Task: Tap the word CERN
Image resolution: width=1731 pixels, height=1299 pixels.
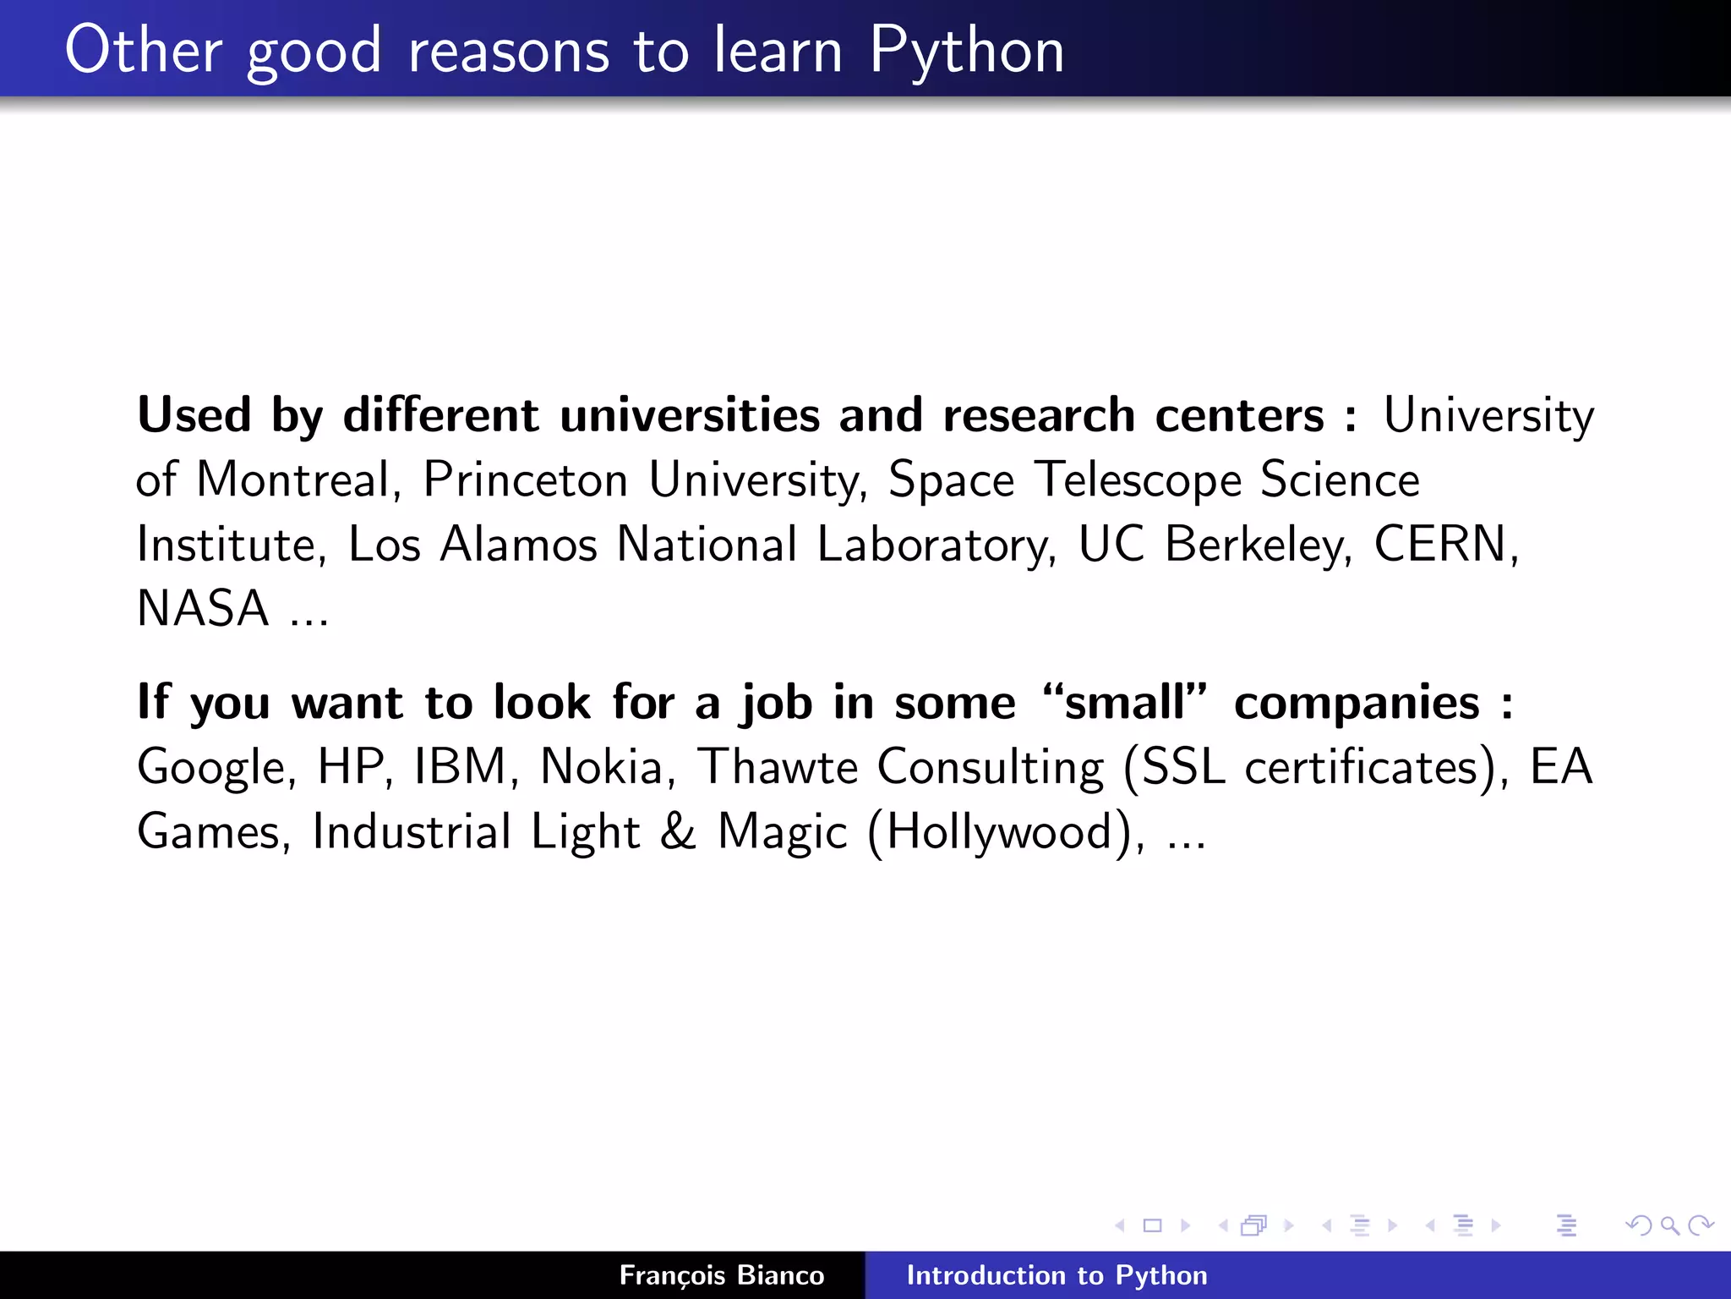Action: tap(1441, 544)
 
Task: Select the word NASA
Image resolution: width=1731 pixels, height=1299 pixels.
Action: tap(203, 608)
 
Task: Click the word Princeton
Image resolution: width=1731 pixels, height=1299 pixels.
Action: tap(525, 480)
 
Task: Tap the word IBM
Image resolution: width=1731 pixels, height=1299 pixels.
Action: tap(460, 766)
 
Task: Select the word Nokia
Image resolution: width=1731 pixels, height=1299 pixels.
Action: tap(602, 766)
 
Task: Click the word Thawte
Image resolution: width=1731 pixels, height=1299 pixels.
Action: tap(777, 766)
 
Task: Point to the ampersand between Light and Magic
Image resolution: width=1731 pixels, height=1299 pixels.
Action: tap(678, 831)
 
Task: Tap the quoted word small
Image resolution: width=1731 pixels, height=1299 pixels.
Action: tap(1125, 702)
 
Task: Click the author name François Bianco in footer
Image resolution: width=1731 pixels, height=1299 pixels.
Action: tap(721, 1275)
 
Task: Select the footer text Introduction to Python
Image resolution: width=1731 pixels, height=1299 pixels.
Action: tap(1057, 1275)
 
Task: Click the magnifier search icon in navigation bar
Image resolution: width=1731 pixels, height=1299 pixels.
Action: tap(1669, 1225)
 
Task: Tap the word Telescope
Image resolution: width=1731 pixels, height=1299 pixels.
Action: tap(1138, 480)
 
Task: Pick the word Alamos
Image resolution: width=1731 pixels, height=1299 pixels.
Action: tap(518, 544)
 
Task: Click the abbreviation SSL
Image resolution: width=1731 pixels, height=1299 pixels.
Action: tap(1182, 766)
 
